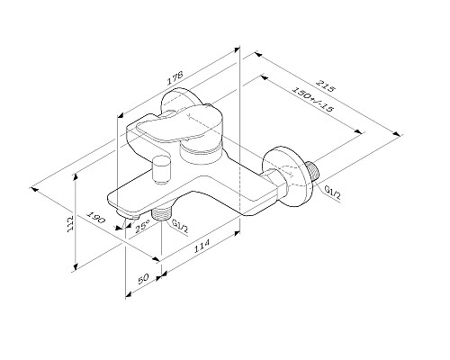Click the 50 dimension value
click(x=142, y=280)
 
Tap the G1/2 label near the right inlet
click(x=330, y=190)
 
